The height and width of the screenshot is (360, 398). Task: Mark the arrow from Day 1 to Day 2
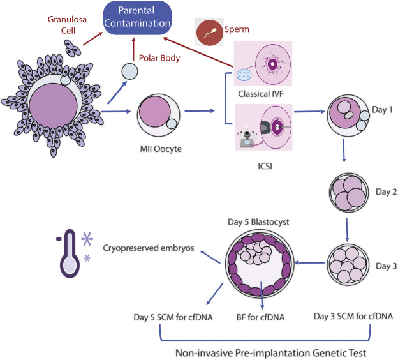(345, 156)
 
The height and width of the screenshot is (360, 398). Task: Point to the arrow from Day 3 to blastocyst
(309, 261)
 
